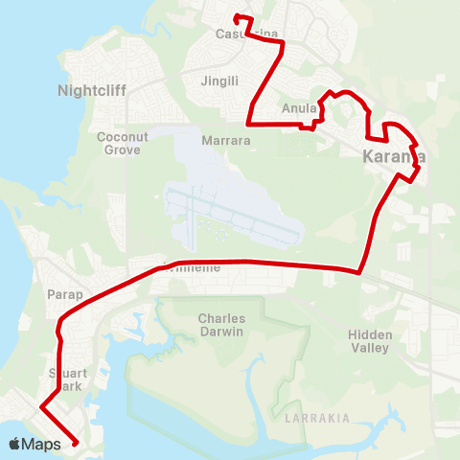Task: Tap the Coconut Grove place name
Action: pos(123,143)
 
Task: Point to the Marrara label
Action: pos(226,140)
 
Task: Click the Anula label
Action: pos(298,109)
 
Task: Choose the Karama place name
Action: pos(394,156)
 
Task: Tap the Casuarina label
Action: pos(247,34)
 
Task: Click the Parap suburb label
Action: pos(65,294)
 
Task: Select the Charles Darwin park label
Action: pos(221,325)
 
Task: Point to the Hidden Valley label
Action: pos(369,341)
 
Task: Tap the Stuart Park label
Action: pos(68,379)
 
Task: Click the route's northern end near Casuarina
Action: pos(236,16)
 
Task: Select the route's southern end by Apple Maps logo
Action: pos(76,443)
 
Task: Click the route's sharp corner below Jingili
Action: pos(249,123)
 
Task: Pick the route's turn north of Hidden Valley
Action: pos(359,271)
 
